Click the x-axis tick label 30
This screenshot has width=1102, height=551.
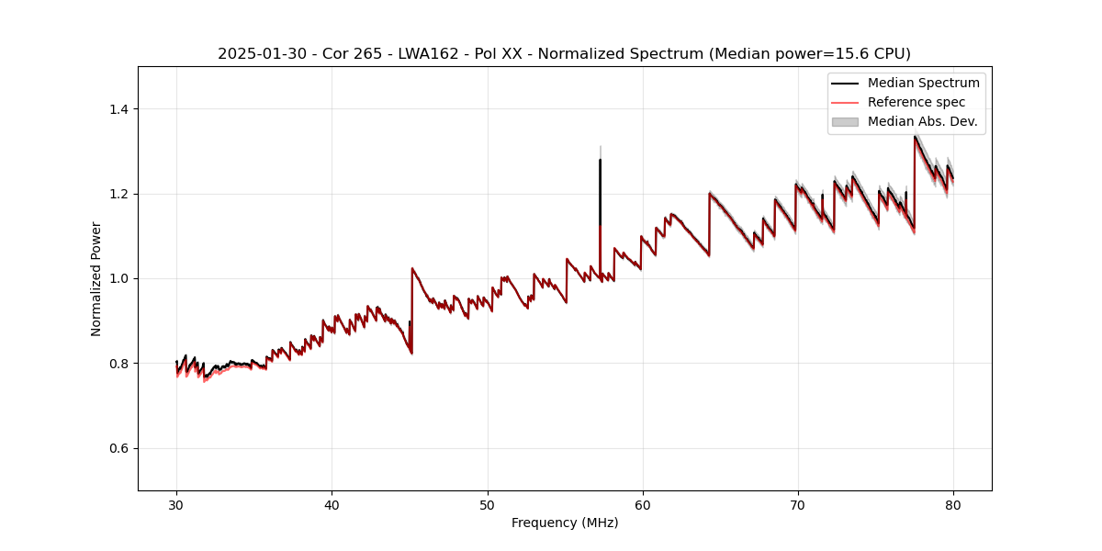pyautogui.click(x=176, y=504)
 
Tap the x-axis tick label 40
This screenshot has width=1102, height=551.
pyautogui.click(x=332, y=504)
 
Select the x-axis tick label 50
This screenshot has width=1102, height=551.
pyautogui.click(x=488, y=504)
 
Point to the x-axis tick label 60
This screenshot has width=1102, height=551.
pyautogui.click(x=643, y=504)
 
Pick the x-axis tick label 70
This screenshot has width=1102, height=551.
pyautogui.click(x=798, y=504)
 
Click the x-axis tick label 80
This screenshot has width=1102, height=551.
pyautogui.click(x=953, y=504)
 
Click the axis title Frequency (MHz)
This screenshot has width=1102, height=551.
pyautogui.click(x=565, y=523)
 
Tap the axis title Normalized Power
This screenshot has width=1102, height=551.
pyautogui.click(x=96, y=278)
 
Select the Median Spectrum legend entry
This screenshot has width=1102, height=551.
pyautogui.click(x=923, y=83)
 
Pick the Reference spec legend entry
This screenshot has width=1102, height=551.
pyautogui.click(x=916, y=102)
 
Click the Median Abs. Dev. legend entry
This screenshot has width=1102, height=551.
pyautogui.click(x=922, y=121)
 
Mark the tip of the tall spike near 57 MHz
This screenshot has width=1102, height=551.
pyautogui.click(x=600, y=160)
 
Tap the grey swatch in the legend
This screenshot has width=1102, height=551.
pyautogui.click(x=845, y=121)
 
